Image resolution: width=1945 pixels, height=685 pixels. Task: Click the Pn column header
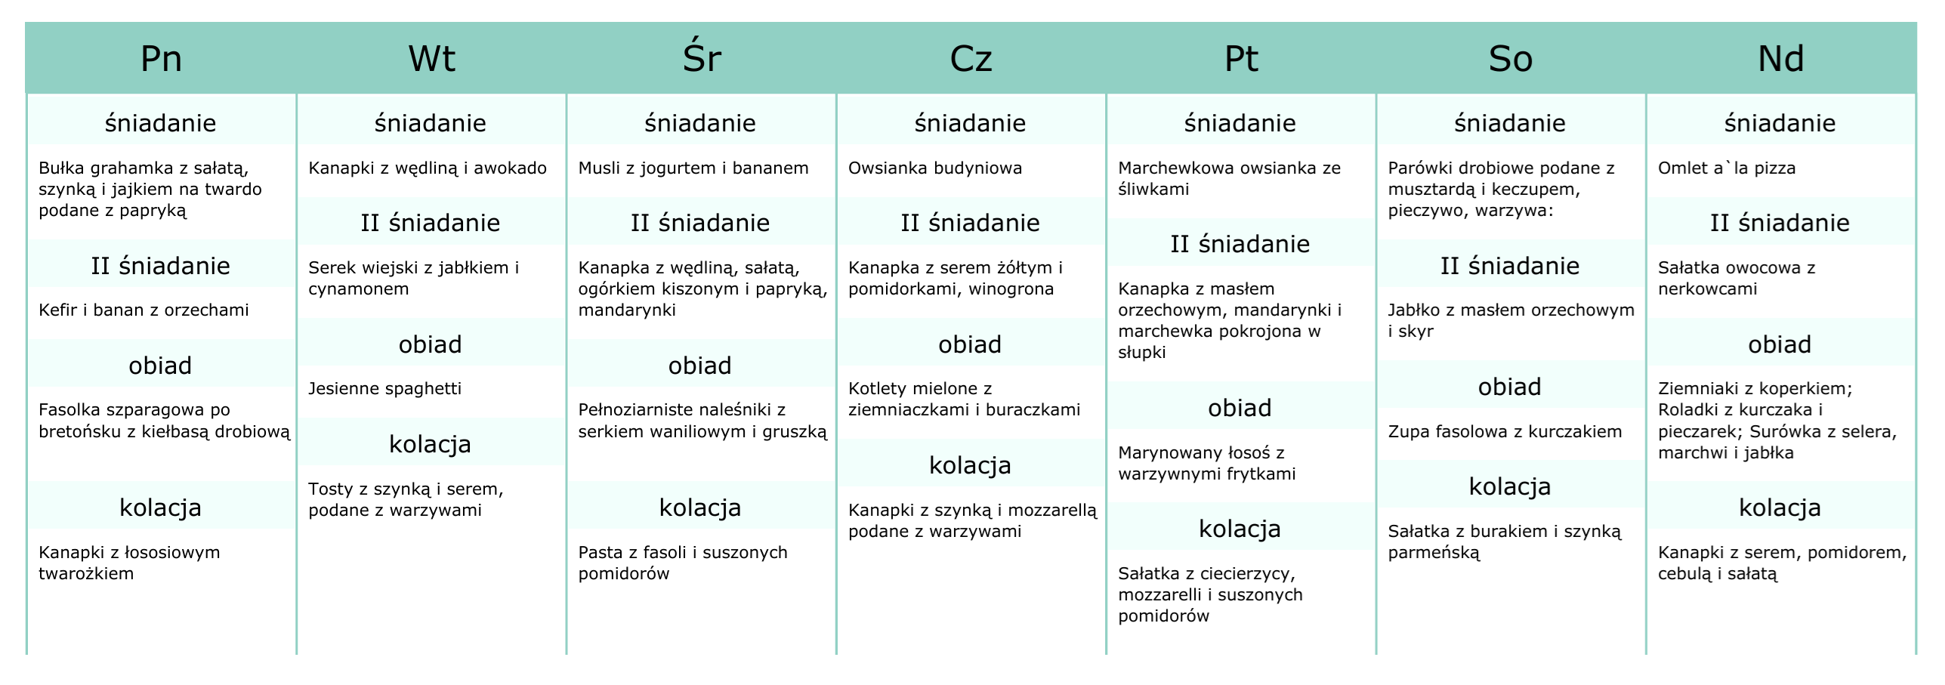click(x=161, y=59)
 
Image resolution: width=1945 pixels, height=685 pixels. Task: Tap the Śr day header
click(x=702, y=57)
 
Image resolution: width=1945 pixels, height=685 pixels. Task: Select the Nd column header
click(x=1780, y=59)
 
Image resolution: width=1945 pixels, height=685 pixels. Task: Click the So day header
click(x=1510, y=59)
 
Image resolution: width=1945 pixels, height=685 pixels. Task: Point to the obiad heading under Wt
click(x=430, y=344)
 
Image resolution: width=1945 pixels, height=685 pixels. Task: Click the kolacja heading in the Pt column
click(x=1240, y=529)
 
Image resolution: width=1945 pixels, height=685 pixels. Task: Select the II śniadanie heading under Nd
click(x=1780, y=223)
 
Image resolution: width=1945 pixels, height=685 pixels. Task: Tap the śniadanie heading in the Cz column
click(x=970, y=122)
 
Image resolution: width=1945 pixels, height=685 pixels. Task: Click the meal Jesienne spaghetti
click(x=384, y=389)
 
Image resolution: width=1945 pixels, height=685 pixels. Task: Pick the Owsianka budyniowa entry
click(x=934, y=168)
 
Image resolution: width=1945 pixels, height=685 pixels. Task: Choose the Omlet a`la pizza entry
click(x=1726, y=168)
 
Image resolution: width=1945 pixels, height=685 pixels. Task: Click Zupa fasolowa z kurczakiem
click(x=1505, y=431)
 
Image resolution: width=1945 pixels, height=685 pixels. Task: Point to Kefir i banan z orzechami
click(x=144, y=310)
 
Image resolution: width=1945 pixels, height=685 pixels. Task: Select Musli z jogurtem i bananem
click(x=693, y=168)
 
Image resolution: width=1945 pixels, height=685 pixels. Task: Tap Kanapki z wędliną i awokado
click(x=427, y=168)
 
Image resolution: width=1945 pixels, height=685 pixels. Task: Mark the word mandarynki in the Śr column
click(x=627, y=310)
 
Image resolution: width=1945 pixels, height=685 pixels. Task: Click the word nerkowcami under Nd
click(x=1707, y=289)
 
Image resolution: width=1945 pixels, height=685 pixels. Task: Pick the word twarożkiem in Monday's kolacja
click(x=86, y=573)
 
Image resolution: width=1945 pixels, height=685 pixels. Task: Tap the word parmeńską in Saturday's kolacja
click(x=1434, y=553)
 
